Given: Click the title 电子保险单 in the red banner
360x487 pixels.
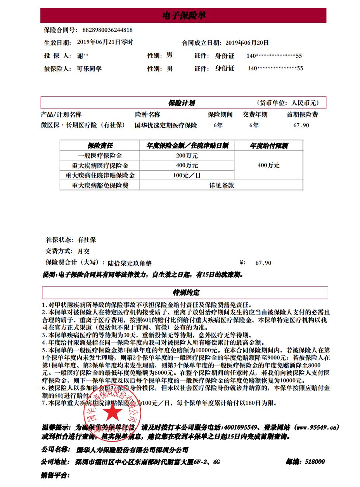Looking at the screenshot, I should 183,16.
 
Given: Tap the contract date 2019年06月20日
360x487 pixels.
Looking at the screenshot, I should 247,43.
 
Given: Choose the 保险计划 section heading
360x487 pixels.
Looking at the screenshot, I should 181,103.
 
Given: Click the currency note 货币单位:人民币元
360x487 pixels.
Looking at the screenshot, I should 287,103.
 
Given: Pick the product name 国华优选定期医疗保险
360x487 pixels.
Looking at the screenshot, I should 166,125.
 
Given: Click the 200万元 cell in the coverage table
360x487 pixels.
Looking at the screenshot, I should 187,155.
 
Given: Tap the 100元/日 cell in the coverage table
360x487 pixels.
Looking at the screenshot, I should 187,175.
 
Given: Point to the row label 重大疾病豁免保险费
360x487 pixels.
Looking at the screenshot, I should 100,185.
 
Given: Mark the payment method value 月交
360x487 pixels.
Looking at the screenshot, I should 83,251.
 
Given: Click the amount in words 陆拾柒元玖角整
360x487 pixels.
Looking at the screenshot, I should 130,263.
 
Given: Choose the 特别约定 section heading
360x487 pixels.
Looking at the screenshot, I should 186,292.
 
